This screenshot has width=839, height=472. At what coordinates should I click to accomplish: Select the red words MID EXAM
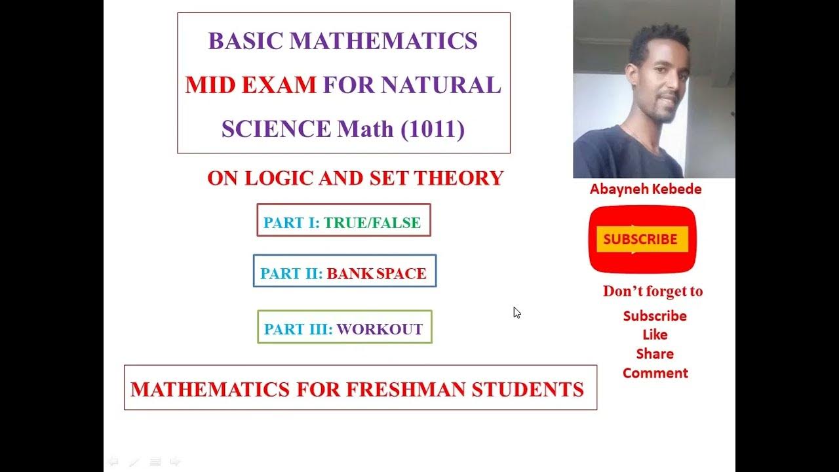(250, 85)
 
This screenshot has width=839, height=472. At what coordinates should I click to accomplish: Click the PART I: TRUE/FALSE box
(343, 222)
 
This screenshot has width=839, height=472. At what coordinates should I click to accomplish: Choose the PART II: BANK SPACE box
(344, 273)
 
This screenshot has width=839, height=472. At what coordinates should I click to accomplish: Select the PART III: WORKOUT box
(344, 329)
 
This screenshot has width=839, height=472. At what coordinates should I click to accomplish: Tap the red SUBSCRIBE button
(641, 239)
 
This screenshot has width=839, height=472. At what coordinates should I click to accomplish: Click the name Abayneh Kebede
(646, 189)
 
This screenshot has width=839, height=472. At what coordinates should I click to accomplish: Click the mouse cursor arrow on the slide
(517, 312)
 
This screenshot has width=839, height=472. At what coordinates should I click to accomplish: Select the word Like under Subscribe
(655, 335)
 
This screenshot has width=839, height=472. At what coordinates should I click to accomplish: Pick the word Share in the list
(655, 354)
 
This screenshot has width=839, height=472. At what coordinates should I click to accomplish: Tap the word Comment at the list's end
(655, 373)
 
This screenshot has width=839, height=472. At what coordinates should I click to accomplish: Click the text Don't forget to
(652, 291)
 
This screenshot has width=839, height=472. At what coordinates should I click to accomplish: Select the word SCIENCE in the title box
(276, 129)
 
